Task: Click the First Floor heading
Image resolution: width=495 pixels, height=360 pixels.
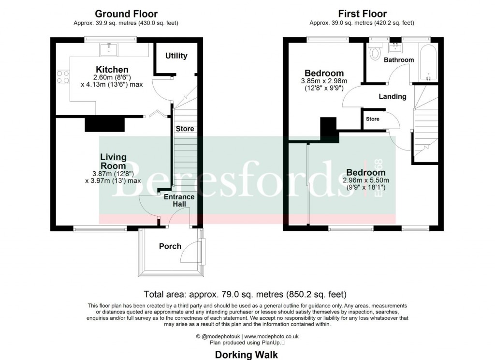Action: coord(362,14)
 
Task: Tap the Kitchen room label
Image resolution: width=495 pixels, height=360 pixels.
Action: coord(112,70)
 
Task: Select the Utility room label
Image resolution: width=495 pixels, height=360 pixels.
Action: coord(176,56)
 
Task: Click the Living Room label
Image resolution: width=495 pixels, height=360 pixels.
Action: coord(114,162)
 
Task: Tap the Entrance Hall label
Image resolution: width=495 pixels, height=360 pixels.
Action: coord(179,200)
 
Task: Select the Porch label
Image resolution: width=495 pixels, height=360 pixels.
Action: coord(170,246)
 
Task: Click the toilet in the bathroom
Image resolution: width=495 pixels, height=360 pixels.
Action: coord(375,53)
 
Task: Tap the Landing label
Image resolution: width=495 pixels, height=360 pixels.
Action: coord(393,96)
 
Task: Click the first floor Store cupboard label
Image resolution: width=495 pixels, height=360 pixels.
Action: coord(373,119)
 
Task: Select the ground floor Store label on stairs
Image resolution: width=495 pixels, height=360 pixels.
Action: coord(185,129)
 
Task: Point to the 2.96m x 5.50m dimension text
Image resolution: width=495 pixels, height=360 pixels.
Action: coord(366,180)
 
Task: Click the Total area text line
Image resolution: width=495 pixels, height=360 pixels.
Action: coord(246,294)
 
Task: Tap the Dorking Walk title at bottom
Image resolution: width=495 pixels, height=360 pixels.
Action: coord(247,355)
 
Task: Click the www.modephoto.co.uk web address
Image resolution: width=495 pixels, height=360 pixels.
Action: coord(271,336)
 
